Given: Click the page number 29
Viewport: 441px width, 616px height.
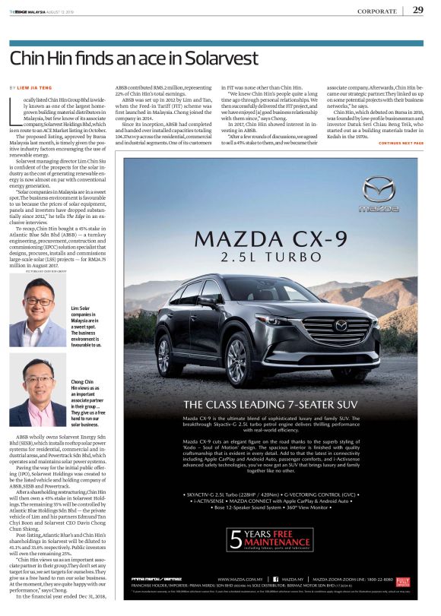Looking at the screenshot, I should (x=418, y=10).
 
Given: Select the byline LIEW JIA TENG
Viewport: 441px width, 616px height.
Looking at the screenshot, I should (x=42, y=89).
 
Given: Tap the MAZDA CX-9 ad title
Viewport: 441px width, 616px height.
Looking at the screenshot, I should (x=275, y=239).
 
